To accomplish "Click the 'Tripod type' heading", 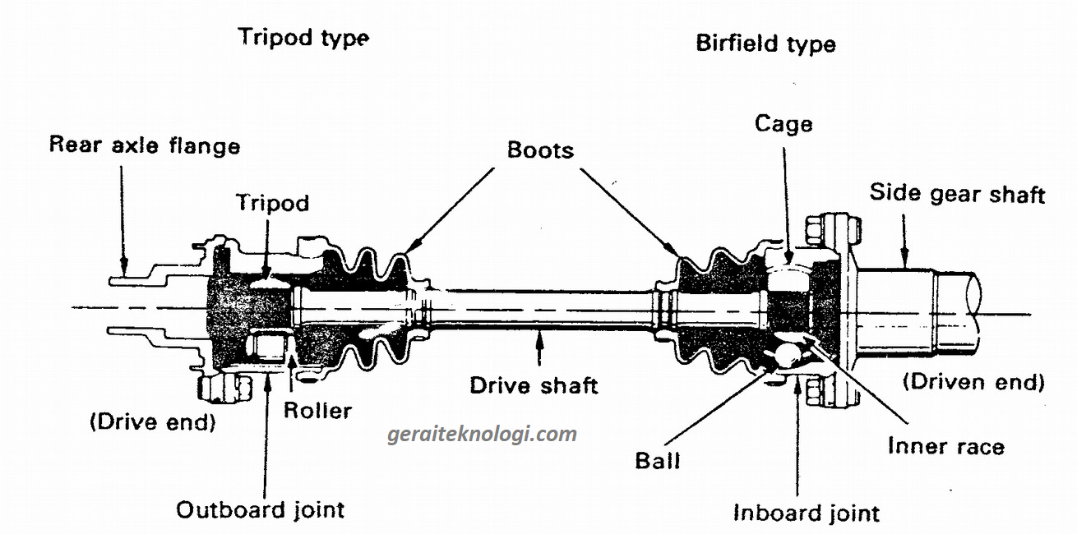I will click(x=303, y=38).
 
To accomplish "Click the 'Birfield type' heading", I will click(x=765, y=43).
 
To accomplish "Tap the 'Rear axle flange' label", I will click(x=145, y=145).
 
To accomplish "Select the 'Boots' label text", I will click(x=540, y=150).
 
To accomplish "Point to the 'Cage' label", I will click(x=783, y=124).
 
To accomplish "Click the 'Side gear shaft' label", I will click(x=957, y=193).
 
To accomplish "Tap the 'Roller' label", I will click(x=317, y=410).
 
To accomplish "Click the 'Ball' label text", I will click(x=658, y=460).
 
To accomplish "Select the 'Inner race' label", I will click(x=945, y=447).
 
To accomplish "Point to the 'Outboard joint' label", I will click(x=261, y=509).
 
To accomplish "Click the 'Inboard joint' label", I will click(x=806, y=513).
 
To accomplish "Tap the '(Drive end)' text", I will click(x=152, y=423).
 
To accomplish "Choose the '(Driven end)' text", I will click(x=973, y=382).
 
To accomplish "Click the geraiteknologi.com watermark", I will click(x=483, y=434).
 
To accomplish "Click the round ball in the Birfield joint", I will click(x=788, y=355).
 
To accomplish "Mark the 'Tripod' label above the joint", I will click(x=272, y=202).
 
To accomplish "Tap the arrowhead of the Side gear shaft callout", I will click(x=904, y=265).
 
